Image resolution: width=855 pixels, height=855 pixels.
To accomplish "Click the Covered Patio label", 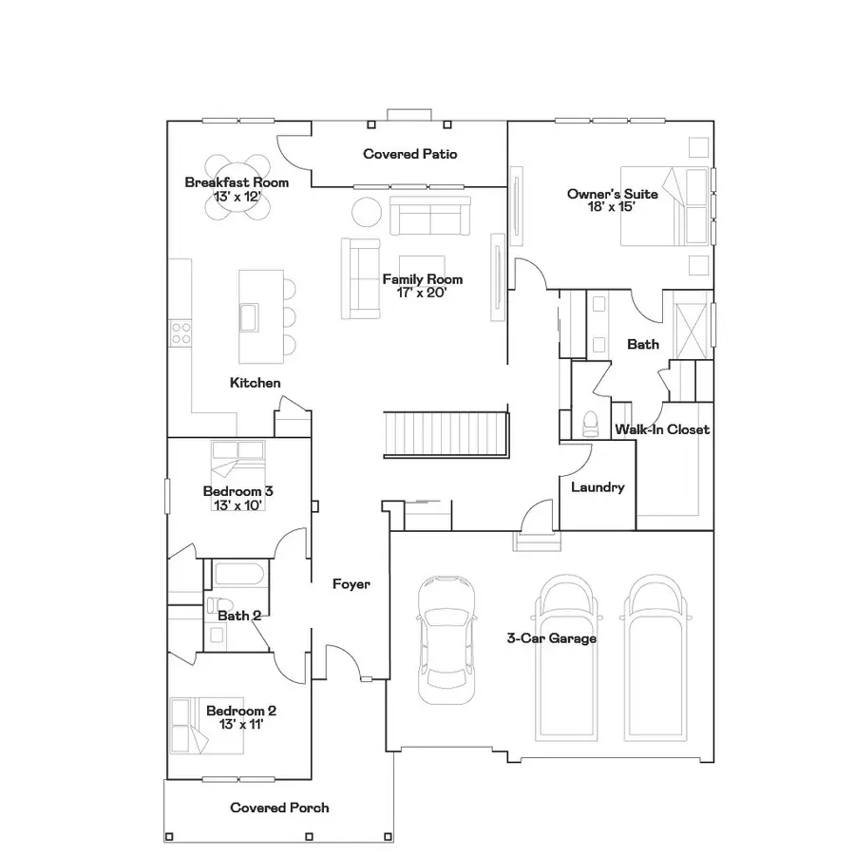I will click(410, 153).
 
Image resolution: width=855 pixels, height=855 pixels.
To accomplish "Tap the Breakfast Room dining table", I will click(237, 186).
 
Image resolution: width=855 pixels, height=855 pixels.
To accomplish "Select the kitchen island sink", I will click(250, 315).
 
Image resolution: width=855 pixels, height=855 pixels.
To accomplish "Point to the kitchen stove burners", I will click(180, 332).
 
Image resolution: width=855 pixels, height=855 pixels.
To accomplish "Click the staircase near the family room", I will click(443, 433).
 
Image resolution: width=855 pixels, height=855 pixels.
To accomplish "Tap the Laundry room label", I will click(598, 487).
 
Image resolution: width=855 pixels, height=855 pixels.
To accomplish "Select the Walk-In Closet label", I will click(662, 429).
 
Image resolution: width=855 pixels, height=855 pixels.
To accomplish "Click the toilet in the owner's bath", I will click(588, 419).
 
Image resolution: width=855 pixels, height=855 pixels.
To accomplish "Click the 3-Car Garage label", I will click(551, 638).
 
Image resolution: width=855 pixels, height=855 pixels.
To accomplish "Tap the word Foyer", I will click(351, 584).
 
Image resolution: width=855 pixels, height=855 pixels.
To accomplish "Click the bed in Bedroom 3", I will click(238, 461).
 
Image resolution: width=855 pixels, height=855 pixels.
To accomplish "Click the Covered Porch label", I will click(280, 807).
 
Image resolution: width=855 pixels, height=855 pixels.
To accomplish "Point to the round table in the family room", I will click(367, 211).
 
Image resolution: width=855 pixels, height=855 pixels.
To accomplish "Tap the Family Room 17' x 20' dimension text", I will click(423, 293).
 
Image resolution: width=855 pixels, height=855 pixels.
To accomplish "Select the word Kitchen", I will click(256, 383).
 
